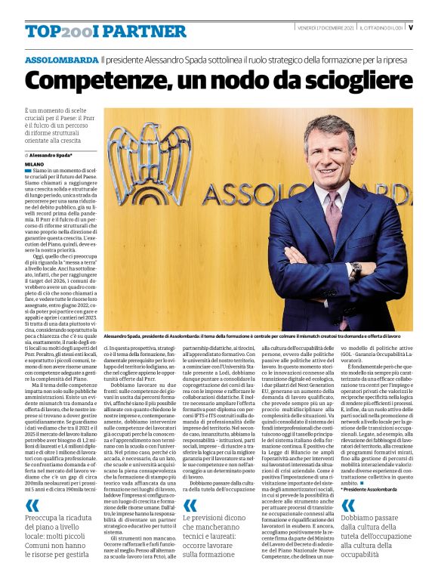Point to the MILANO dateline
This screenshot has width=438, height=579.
coord(35,163)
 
